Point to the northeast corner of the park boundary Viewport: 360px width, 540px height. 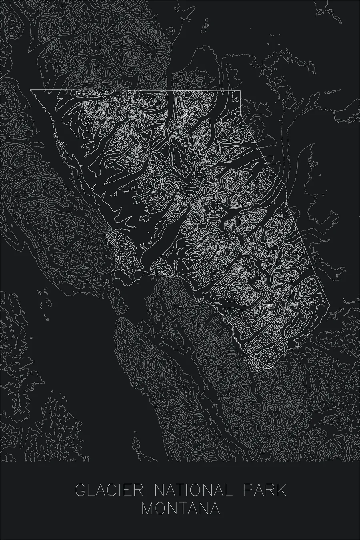240,91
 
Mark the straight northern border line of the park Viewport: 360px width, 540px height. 136,90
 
